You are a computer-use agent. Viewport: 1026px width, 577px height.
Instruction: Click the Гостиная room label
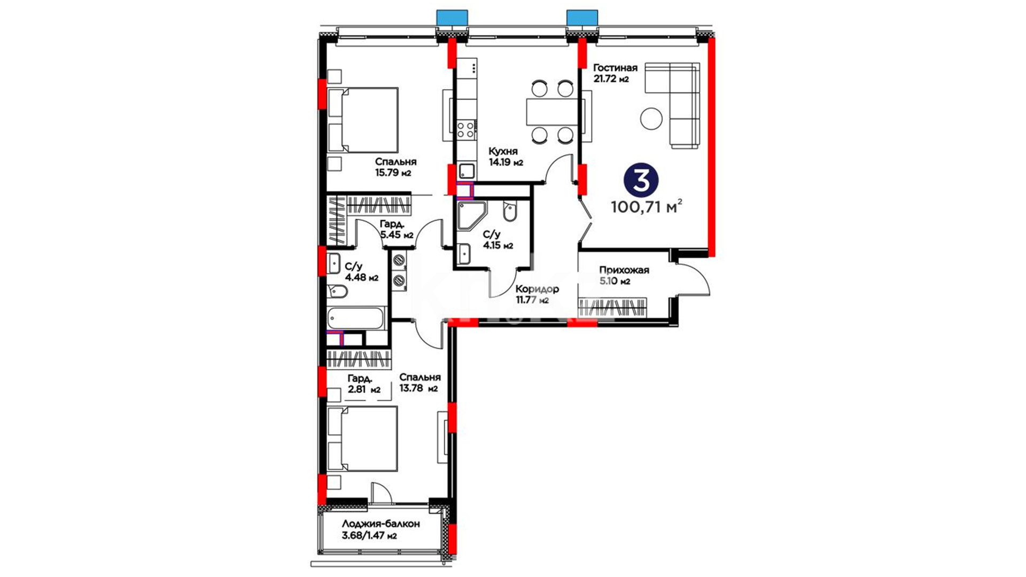coord(615,68)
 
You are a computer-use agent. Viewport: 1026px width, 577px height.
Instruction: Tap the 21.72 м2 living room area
coord(611,79)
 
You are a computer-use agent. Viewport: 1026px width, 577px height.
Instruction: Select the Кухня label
coord(503,152)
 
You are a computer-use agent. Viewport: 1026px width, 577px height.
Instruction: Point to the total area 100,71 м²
coord(647,206)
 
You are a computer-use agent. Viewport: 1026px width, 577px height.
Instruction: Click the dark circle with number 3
coord(641,180)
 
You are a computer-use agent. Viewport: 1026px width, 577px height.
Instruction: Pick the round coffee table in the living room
coord(651,119)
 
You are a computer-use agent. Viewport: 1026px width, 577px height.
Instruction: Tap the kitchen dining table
coord(549,112)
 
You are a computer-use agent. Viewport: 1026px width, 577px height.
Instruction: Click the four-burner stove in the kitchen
coord(466,130)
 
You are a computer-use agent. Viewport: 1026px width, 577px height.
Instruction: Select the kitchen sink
coord(467,171)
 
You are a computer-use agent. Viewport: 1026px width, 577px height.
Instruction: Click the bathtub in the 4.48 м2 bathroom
coord(355,318)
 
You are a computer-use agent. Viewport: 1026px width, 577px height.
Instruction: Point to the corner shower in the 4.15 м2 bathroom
coord(471,216)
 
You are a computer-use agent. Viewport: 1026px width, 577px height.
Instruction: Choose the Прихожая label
coord(624,270)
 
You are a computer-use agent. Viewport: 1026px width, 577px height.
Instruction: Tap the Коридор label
coord(537,290)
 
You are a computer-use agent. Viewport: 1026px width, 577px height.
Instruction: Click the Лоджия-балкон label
coord(381,524)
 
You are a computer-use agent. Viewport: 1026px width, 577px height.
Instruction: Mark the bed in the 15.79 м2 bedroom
coord(363,120)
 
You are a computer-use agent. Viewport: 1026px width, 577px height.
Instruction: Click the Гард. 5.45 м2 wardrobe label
coord(397,230)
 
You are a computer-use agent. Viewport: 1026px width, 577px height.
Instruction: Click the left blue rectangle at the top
coord(452,18)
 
